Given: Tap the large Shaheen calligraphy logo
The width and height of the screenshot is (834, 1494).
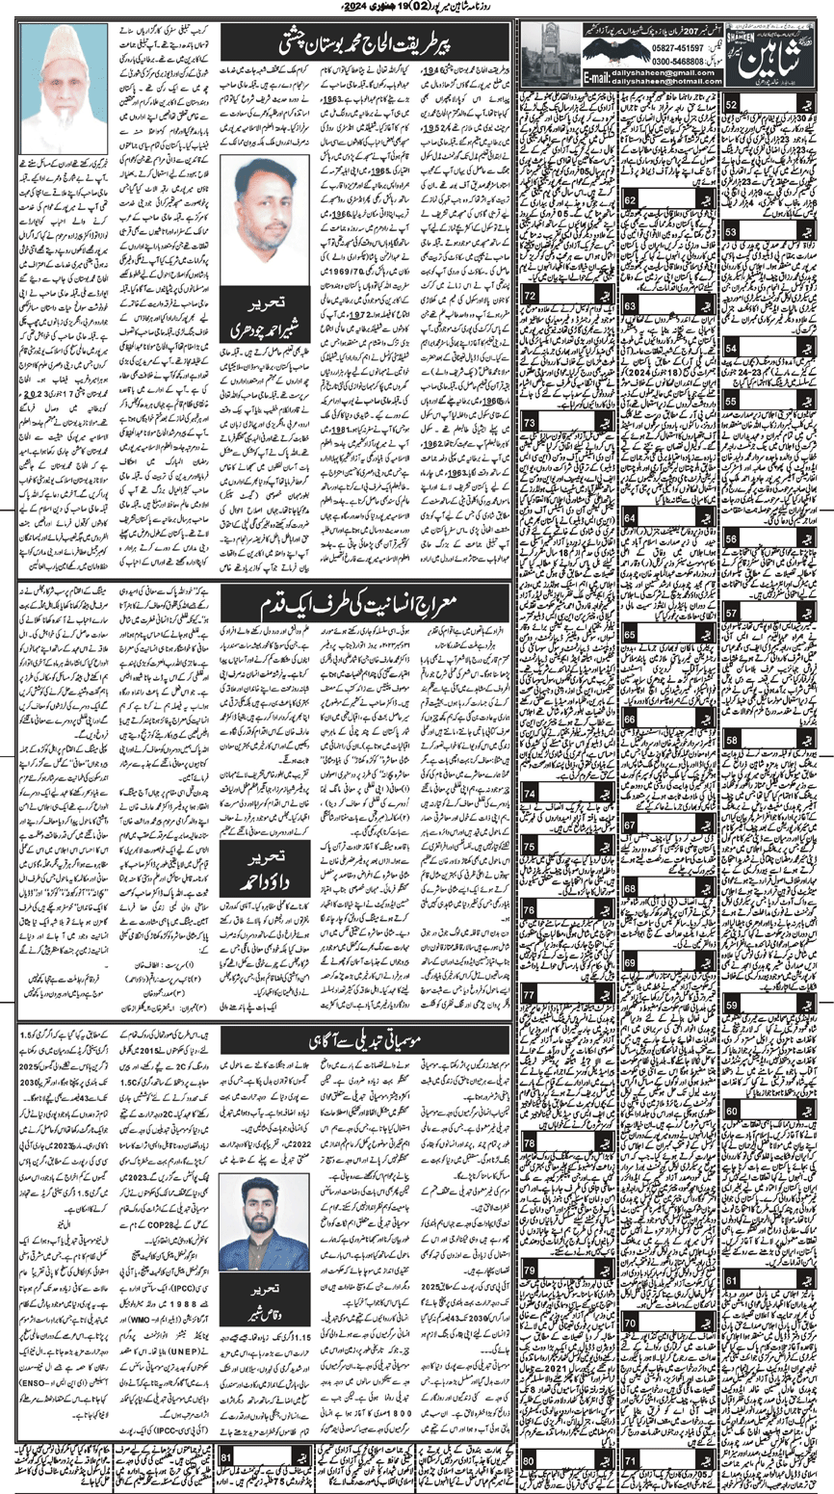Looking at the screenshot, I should [x=781, y=52].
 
